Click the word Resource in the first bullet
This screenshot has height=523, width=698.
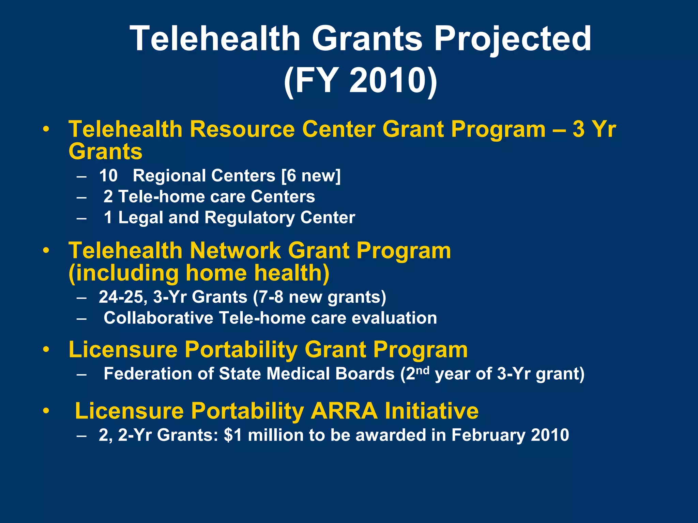pos(242,129)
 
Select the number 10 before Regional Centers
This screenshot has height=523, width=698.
pos(108,176)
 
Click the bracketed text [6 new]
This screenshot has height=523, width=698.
pos(311,176)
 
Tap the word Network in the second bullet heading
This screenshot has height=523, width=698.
pos(235,251)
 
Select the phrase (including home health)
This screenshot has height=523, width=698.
pos(199,273)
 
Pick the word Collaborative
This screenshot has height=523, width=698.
pos(158,318)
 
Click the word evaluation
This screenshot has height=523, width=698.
pos(394,318)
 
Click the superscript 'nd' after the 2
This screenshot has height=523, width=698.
pos(422,370)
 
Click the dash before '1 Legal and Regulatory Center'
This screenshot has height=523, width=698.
pos(82,218)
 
